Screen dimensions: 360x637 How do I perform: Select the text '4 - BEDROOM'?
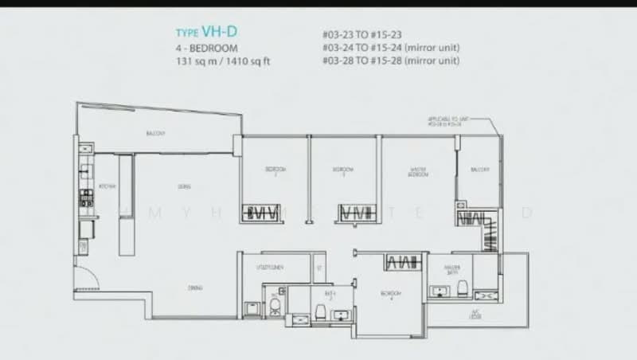coord(206,48)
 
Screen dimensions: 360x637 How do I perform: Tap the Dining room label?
coord(194,288)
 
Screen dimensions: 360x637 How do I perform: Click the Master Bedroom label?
coord(418,174)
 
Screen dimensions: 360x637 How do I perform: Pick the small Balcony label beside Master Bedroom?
coord(479,170)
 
